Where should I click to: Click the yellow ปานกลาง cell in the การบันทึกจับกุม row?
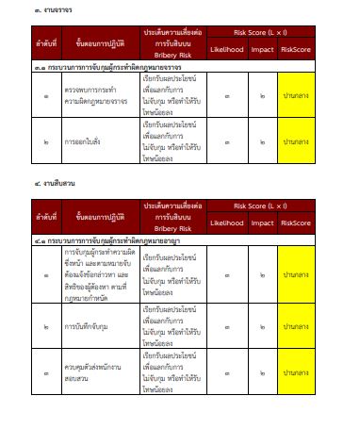(302, 326)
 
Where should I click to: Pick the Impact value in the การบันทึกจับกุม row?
(262, 326)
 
